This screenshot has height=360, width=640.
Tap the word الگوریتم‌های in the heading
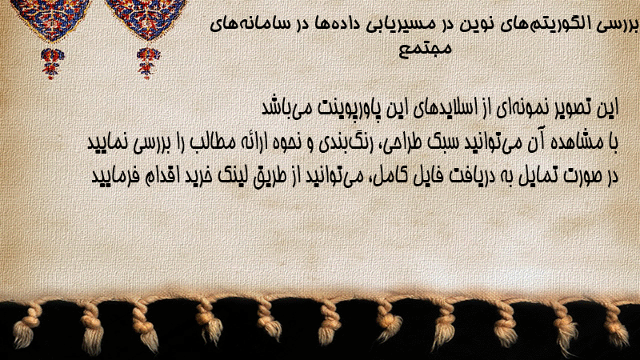pyautogui.click(x=542, y=25)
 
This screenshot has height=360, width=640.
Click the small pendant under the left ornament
pyautogui.click(x=52, y=63)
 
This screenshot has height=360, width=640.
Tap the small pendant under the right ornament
pyautogui.click(x=148, y=62)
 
